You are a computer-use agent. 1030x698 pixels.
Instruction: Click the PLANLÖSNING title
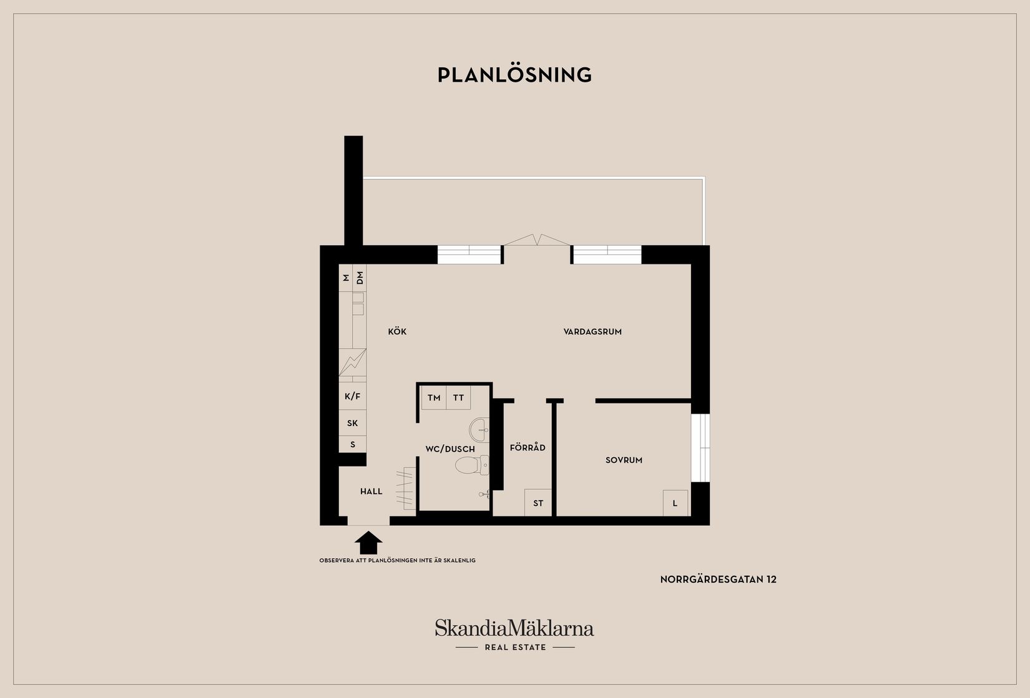[x=514, y=75]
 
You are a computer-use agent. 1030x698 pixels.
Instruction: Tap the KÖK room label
[x=397, y=332]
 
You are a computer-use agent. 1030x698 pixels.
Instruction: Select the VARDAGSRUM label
[x=592, y=332]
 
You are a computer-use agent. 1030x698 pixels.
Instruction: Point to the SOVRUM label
[x=624, y=460]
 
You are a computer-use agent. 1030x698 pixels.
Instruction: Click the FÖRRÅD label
[x=527, y=448]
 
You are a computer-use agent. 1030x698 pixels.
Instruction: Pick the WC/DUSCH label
[x=450, y=449]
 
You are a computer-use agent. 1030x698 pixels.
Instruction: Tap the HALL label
[x=371, y=492]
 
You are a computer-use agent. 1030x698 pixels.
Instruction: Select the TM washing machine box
[x=434, y=398]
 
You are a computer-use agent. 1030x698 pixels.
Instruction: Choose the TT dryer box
[x=459, y=398]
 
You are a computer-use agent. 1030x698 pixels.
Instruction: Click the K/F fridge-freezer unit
[x=353, y=396]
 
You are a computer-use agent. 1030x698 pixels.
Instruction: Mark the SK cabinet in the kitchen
[x=353, y=423]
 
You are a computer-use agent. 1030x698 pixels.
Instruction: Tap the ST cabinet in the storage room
[x=538, y=503]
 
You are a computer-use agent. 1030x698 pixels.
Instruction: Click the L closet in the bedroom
[x=675, y=503]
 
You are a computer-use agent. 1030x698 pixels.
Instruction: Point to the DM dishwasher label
[x=360, y=278]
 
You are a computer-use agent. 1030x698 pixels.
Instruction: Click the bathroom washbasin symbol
[x=479, y=429]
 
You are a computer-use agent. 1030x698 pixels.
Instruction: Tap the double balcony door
[x=537, y=241]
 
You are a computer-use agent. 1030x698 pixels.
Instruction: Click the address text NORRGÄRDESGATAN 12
[x=718, y=579]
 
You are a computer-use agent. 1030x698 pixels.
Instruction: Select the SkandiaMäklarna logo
[x=514, y=628]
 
